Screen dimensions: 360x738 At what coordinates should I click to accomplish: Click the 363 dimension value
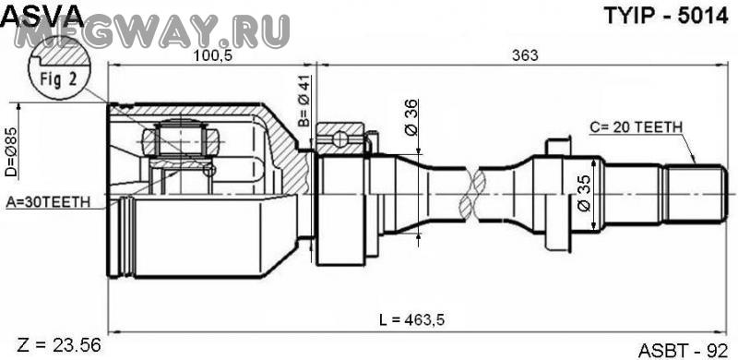point(525,56)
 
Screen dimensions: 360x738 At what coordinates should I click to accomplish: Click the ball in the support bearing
point(342,139)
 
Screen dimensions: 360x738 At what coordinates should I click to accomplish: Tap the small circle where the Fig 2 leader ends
point(210,170)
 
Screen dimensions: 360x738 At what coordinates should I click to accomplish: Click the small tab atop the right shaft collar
point(559,146)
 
